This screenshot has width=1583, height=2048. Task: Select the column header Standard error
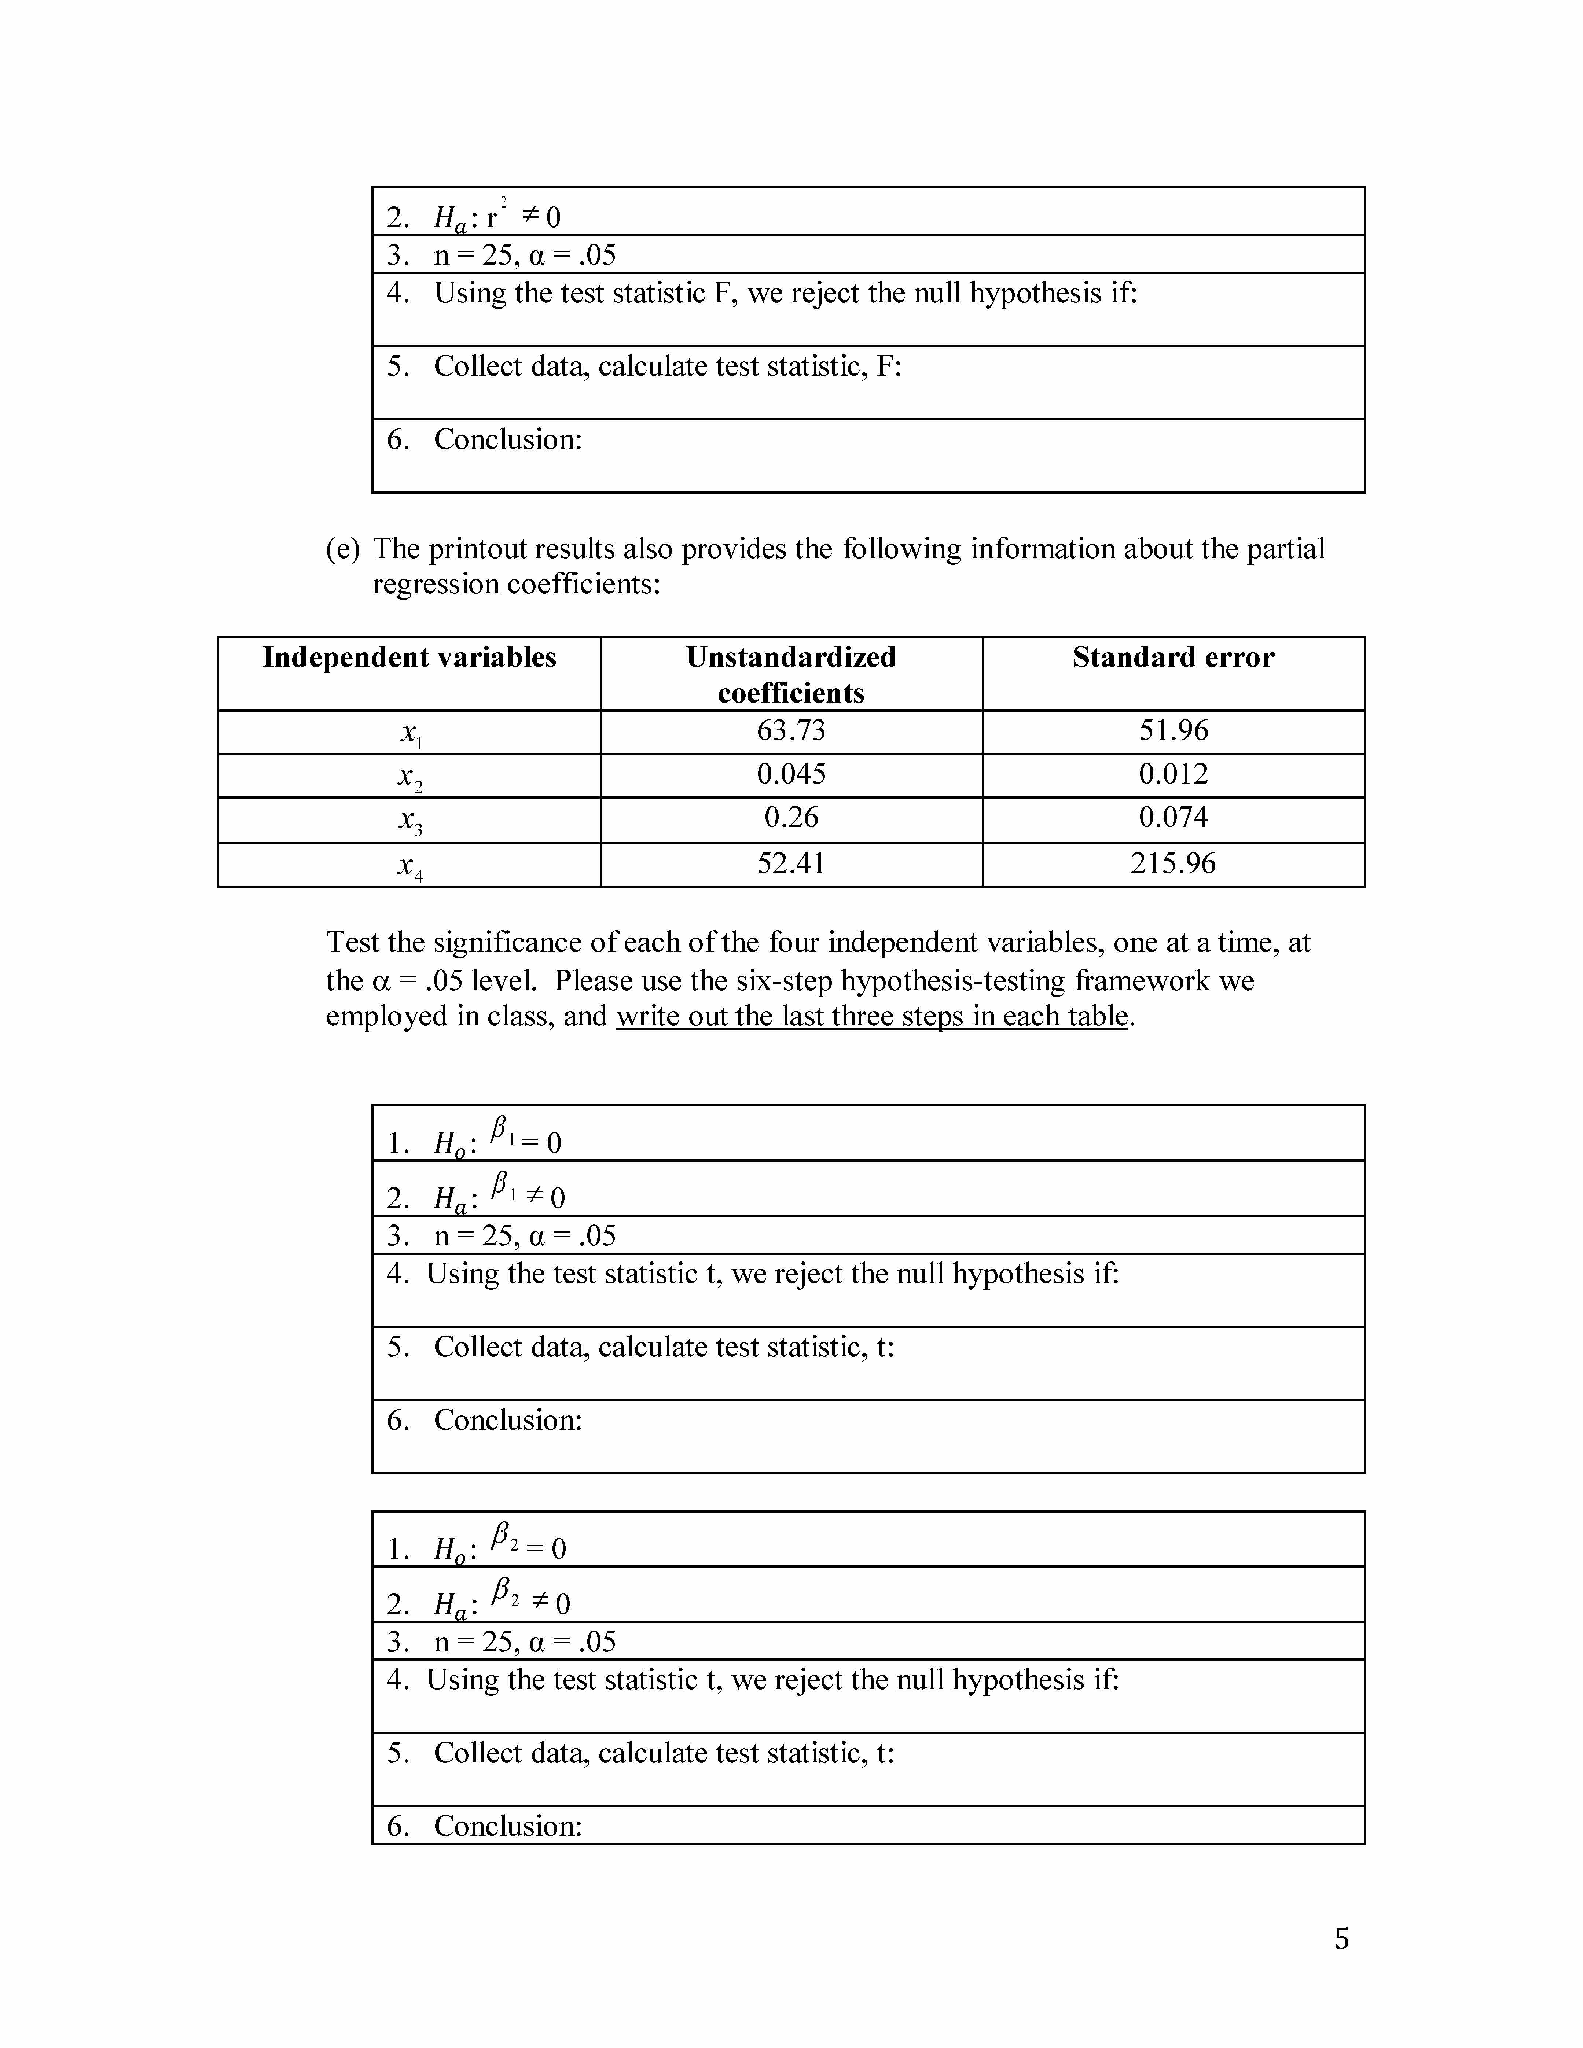tap(1173, 658)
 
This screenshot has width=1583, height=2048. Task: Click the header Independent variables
tap(409, 658)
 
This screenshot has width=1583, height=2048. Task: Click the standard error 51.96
tap(1173, 730)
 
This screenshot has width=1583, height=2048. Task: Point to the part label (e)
tap(342, 549)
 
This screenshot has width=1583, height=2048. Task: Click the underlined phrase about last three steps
tap(871, 1017)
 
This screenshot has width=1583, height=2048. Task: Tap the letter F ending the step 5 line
tap(884, 366)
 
